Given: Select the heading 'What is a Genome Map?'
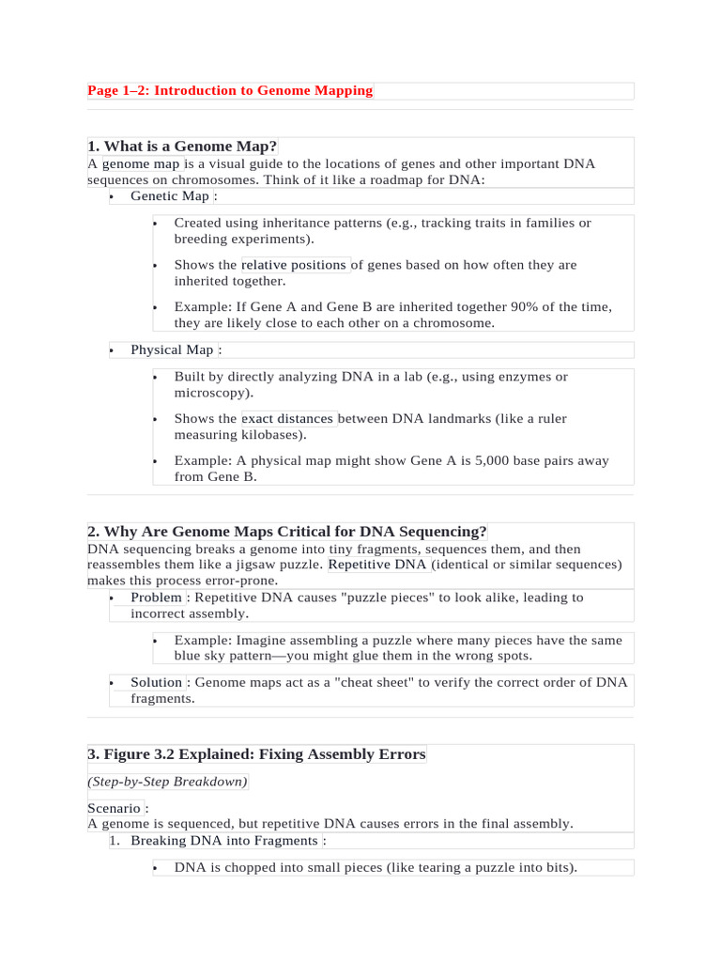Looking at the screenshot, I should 182,146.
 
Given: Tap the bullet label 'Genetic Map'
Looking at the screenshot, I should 170,196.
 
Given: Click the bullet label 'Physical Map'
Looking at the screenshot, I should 172,349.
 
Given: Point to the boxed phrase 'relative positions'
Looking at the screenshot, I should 295,265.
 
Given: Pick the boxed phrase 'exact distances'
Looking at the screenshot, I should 288,419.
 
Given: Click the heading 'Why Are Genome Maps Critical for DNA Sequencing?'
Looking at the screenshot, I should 287,532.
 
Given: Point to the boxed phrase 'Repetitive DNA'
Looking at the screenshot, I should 377,565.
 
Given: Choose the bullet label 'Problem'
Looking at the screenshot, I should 156,597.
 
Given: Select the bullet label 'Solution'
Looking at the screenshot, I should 157,682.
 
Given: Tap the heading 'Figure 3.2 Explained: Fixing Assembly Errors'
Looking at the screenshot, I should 256,754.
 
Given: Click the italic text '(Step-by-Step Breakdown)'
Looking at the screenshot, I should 168,782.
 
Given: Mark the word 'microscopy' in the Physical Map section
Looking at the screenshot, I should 211,393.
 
